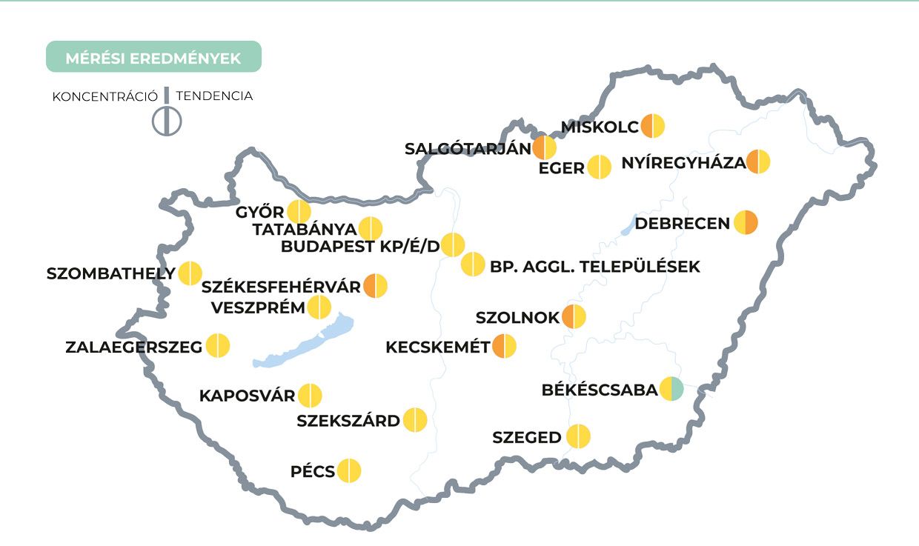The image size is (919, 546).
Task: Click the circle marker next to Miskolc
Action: pos(653,126)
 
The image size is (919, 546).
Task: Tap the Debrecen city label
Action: pos(683,223)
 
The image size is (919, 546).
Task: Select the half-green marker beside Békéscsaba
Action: pos(671,389)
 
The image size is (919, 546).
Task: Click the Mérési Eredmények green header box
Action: pos(153,57)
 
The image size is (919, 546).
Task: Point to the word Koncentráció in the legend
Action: pos(104,96)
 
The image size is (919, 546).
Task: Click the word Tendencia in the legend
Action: pos(214,96)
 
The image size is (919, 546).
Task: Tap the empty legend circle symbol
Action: pos(167,121)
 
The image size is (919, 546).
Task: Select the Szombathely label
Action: pos(111,273)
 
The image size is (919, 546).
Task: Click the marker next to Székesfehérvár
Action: pos(375,285)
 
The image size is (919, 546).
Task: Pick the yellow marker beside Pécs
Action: pos(349,470)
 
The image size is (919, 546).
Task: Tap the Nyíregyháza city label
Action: pos(683,162)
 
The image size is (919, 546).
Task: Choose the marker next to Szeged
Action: pos(578,437)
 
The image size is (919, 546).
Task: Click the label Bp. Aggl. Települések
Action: pos(594,267)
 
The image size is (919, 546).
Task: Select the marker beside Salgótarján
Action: pos(544,148)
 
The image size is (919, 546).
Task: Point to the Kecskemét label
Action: pos(438,347)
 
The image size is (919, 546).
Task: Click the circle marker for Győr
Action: pos(299,212)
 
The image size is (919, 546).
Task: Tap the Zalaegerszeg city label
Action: pos(134,347)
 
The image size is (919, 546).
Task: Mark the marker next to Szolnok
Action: pos(574,317)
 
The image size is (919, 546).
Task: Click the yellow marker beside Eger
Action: pos(600,167)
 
